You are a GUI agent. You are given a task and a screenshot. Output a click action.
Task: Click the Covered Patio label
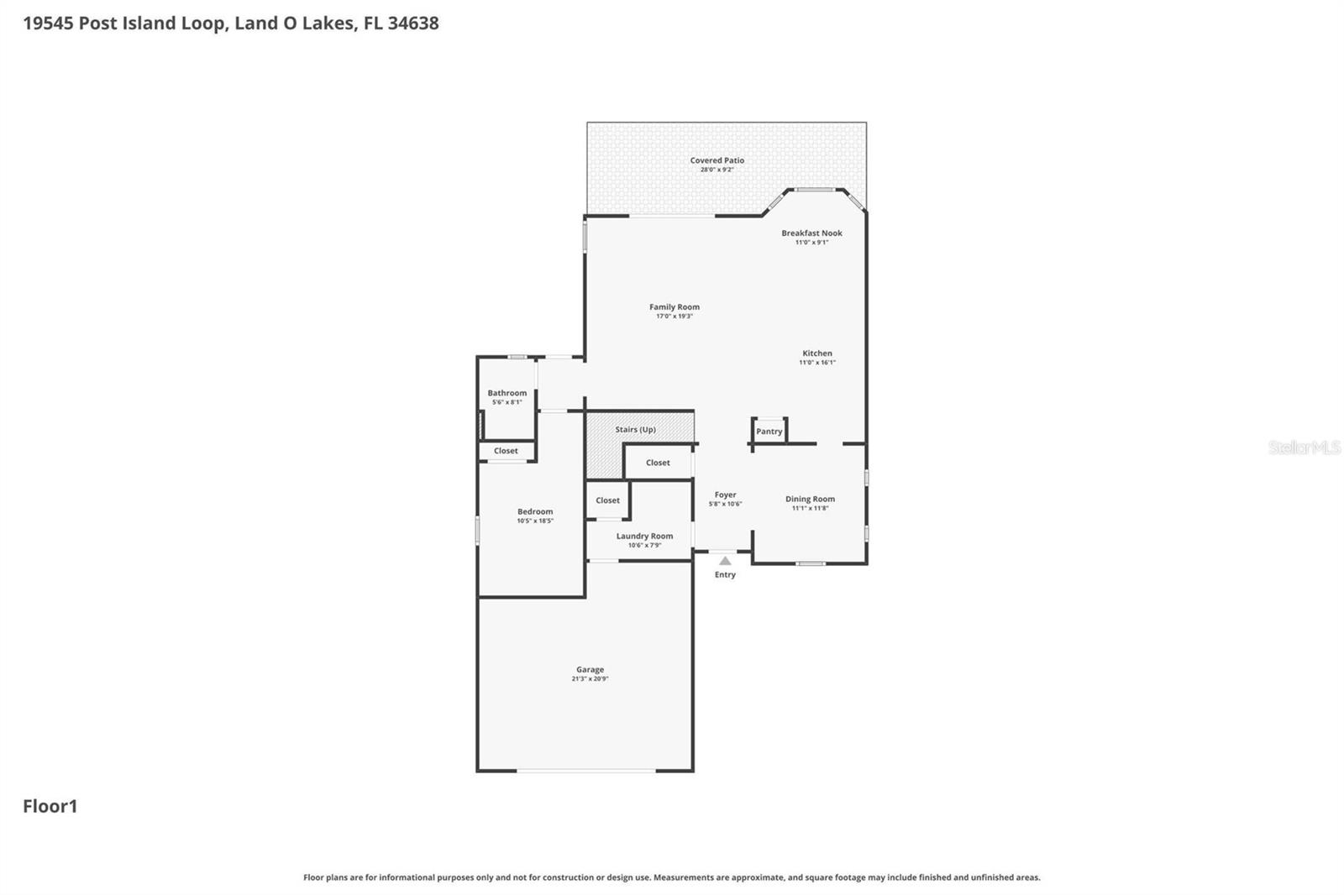click(717, 160)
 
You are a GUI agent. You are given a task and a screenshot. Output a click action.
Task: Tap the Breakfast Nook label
click(811, 233)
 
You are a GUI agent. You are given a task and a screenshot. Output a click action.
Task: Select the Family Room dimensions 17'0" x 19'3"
click(674, 317)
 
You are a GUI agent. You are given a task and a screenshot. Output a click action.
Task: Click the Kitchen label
click(816, 353)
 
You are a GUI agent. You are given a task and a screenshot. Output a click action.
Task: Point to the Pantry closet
click(769, 432)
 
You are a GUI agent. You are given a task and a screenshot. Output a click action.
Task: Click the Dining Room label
click(810, 499)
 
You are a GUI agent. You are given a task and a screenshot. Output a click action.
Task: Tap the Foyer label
click(725, 495)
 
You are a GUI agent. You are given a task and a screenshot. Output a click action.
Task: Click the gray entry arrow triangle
click(725, 561)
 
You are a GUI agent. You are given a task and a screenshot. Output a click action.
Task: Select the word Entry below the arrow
click(725, 575)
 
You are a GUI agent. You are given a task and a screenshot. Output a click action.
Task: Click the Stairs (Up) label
click(635, 430)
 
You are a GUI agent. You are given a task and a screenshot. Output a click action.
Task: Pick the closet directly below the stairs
click(658, 463)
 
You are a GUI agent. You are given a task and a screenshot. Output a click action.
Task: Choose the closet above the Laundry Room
click(607, 500)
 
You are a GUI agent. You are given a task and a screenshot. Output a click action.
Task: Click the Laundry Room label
click(644, 536)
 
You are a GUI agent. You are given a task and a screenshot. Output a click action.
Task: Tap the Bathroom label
click(507, 393)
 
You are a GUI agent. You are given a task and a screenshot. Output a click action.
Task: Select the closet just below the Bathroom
click(506, 451)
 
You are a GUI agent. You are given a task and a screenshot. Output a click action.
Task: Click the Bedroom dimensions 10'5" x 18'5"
click(535, 521)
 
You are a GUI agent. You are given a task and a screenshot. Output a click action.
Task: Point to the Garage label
click(590, 670)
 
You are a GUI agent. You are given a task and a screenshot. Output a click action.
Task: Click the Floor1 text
click(50, 806)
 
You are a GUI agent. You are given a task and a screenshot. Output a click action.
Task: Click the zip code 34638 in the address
click(412, 24)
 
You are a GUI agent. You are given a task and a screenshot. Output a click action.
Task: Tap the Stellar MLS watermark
click(1304, 447)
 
